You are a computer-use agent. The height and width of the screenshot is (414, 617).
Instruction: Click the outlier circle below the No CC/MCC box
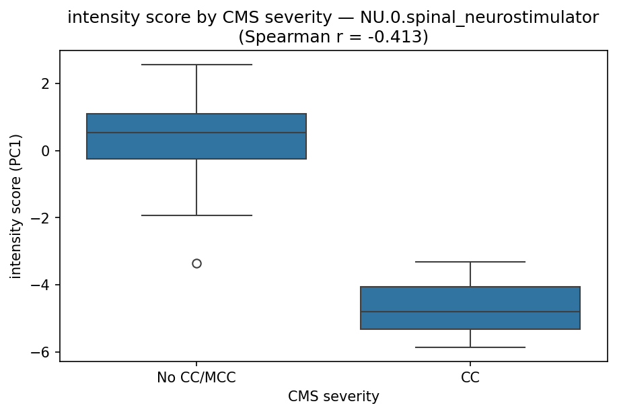click(x=196, y=263)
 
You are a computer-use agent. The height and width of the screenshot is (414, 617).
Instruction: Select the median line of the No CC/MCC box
click(x=196, y=133)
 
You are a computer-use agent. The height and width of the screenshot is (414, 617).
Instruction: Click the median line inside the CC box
click(x=470, y=312)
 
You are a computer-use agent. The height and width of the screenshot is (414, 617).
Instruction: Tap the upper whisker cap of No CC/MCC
click(x=196, y=65)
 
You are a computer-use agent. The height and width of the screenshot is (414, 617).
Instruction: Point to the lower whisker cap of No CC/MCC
click(x=196, y=215)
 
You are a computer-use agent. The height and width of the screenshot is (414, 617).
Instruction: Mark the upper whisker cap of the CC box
click(x=470, y=261)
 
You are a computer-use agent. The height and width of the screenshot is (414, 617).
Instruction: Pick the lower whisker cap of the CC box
click(x=470, y=347)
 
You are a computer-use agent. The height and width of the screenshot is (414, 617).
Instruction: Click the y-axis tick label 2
click(x=46, y=83)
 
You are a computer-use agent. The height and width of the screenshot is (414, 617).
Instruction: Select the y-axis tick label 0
click(x=46, y=151)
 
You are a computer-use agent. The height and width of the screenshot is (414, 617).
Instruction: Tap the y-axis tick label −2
click(x=42, y=218)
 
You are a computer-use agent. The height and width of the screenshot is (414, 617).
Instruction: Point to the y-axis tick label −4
click(x=42, y=285)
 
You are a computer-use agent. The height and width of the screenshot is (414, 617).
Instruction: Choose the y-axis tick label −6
click(x=42, y=352)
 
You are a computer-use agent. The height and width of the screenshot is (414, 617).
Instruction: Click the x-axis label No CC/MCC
click(x=196, y=378)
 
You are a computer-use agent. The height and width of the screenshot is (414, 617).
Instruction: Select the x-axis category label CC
click(x=470, y=378)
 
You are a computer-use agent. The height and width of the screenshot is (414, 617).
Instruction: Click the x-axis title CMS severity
click(x=333, y=397)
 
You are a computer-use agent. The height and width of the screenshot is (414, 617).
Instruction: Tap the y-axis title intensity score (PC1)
click(x=15, y=206)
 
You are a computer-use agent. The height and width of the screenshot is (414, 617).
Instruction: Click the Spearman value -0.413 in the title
click(x=398, y=37)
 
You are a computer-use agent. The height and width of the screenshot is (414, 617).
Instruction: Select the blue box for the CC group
click(x=470, y=300)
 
